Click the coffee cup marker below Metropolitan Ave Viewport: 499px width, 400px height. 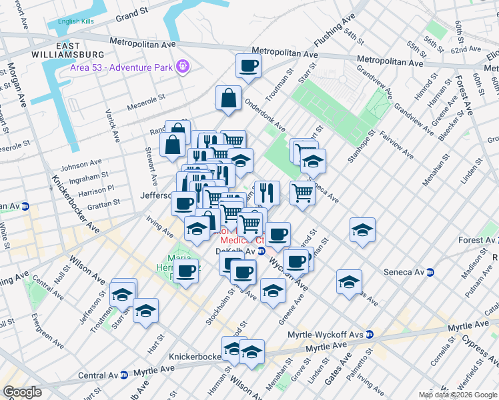pos(248,66)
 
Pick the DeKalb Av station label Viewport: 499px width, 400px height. pos(236,251)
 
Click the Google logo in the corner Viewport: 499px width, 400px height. pos(22,392)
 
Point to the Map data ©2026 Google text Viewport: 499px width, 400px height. pos(458,395)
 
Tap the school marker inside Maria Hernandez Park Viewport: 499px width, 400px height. pos(185,269)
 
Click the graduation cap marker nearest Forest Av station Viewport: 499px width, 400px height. pos(362,230)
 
